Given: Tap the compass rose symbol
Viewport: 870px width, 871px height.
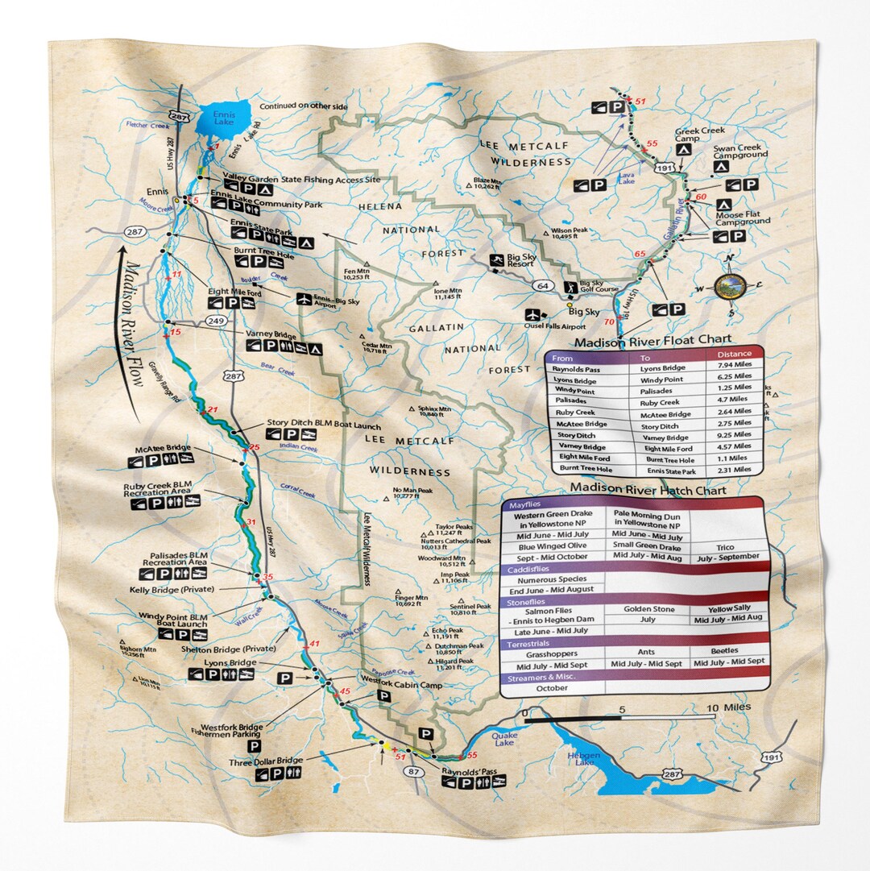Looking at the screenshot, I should click(730, 285).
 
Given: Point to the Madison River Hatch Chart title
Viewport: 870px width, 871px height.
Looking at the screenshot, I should click(648, 490).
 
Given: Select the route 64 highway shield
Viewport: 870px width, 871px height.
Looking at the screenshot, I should click(544, 285).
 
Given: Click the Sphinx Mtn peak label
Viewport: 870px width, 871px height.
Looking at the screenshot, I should click(436, 411).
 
